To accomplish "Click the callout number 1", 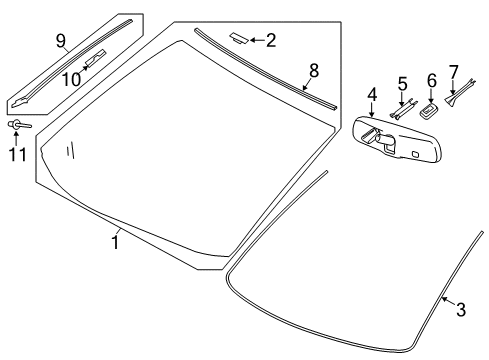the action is tap(115, 243).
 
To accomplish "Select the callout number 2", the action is tap(271, 40).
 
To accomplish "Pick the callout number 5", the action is tap(403, 83).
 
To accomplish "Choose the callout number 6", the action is tap(432, 80).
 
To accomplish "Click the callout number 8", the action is tap(313, 70).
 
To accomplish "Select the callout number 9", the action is tap(60, 40).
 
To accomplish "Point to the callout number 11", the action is tap(15, 155).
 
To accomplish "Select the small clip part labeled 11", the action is tap(17, 124).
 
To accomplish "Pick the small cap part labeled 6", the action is tap(431, 107).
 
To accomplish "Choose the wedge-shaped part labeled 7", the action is tap(463, 98).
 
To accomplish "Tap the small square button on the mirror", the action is tap(414, 154).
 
